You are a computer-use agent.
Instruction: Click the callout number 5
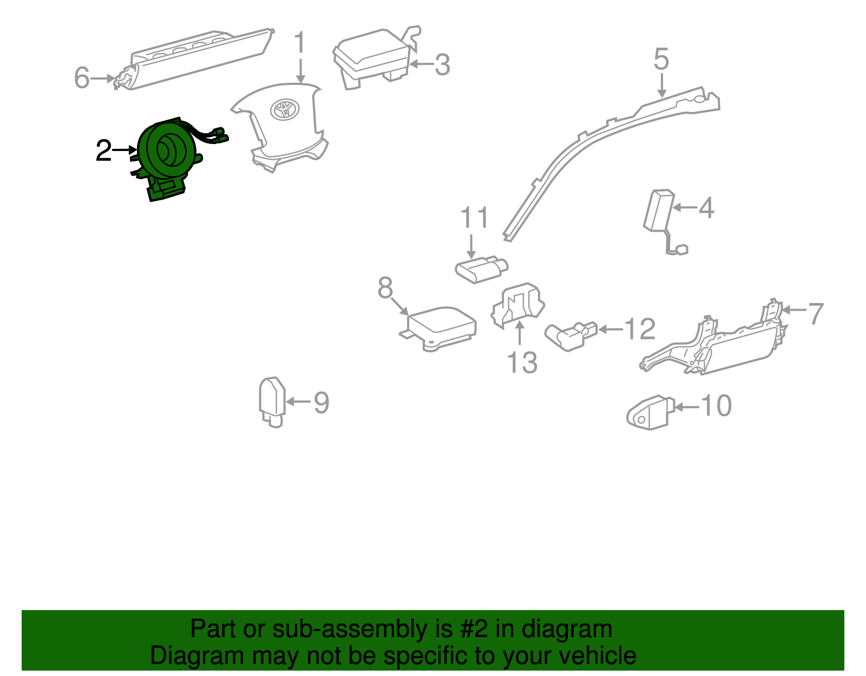click(x=661, y=59)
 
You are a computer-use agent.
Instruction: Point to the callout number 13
click(x=522, y=363)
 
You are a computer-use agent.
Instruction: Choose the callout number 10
click(x=716, y=406)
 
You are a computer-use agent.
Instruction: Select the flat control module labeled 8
click(x=441, y=327)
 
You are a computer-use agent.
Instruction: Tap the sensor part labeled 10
click(x=649, y=412)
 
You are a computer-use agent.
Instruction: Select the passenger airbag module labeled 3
click(x=373, y=57)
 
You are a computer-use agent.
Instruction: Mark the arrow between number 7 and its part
click(x=793, y=310)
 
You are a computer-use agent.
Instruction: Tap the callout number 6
click(x=81, y=77)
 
